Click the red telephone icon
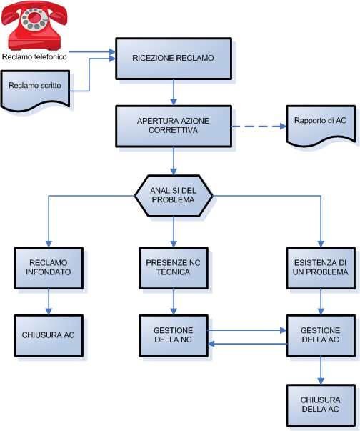pos(34,26)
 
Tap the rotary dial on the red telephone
pos(35,19)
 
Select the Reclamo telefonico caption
pos(34,57)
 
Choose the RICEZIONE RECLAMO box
pos(174,59)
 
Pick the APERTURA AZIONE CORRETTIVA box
pos(174,127)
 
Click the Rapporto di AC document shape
pos(321,126)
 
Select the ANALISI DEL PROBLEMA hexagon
pos(174,196)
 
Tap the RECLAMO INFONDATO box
pos(49,268)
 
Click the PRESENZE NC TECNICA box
pos(174,268)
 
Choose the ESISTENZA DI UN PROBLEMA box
pos(321,268)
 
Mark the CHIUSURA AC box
pos(49,336)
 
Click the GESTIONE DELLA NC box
pos(174,336)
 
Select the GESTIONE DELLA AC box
pos(321,336)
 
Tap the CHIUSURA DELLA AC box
pos(321,405)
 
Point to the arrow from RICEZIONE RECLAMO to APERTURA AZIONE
pos(174,92)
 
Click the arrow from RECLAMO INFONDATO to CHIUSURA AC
pos(49,302)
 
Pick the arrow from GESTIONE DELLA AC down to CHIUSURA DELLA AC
pos(321,370)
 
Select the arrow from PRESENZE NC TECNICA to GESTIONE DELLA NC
pos(174,302)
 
